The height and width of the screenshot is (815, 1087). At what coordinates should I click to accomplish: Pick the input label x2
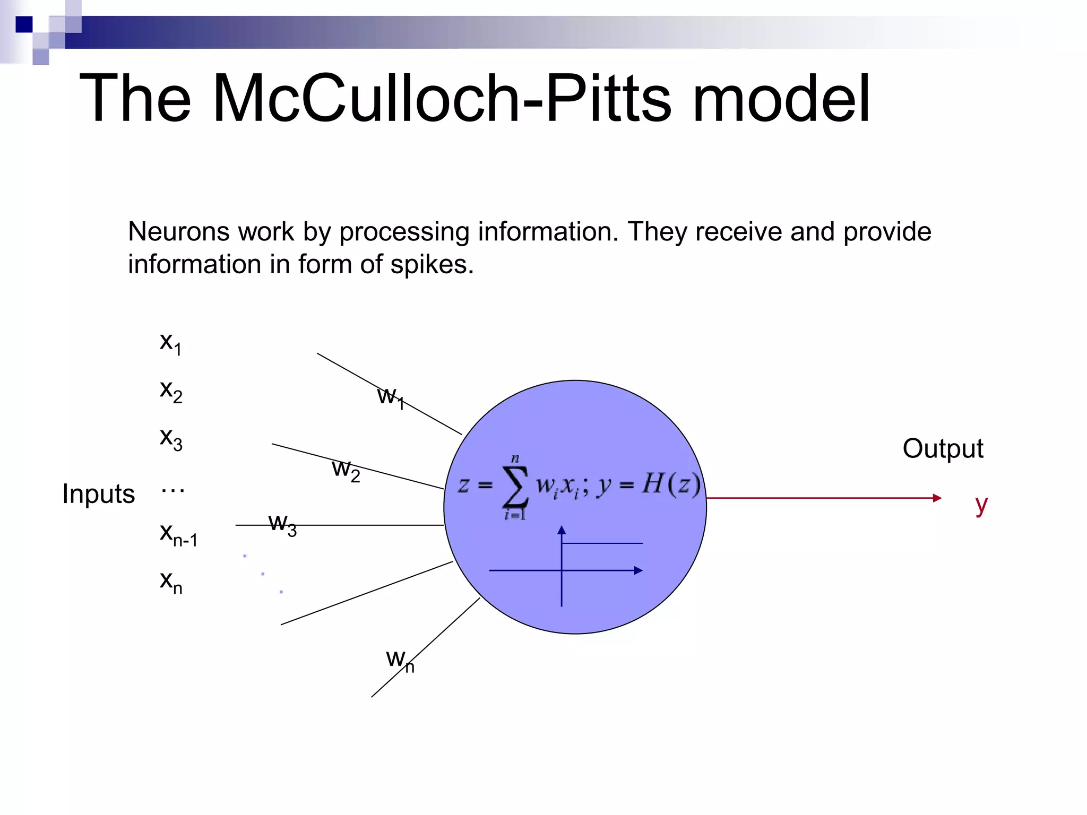(171, 391)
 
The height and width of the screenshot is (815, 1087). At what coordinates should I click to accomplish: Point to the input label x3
(171, 439)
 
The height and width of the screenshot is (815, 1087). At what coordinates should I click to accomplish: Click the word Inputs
(98, 494)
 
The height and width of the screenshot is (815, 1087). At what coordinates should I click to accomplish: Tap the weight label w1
(391, 397)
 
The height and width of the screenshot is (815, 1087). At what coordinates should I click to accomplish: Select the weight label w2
(346, 470)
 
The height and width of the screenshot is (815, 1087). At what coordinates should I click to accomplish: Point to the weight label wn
(400, 660)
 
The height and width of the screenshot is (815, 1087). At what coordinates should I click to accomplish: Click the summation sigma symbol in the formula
(515, 486)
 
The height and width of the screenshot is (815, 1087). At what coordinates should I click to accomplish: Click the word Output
(943, 449)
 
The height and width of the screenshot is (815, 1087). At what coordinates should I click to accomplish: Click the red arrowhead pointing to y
(937, 498)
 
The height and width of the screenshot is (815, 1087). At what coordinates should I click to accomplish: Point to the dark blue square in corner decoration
(24, 24)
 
